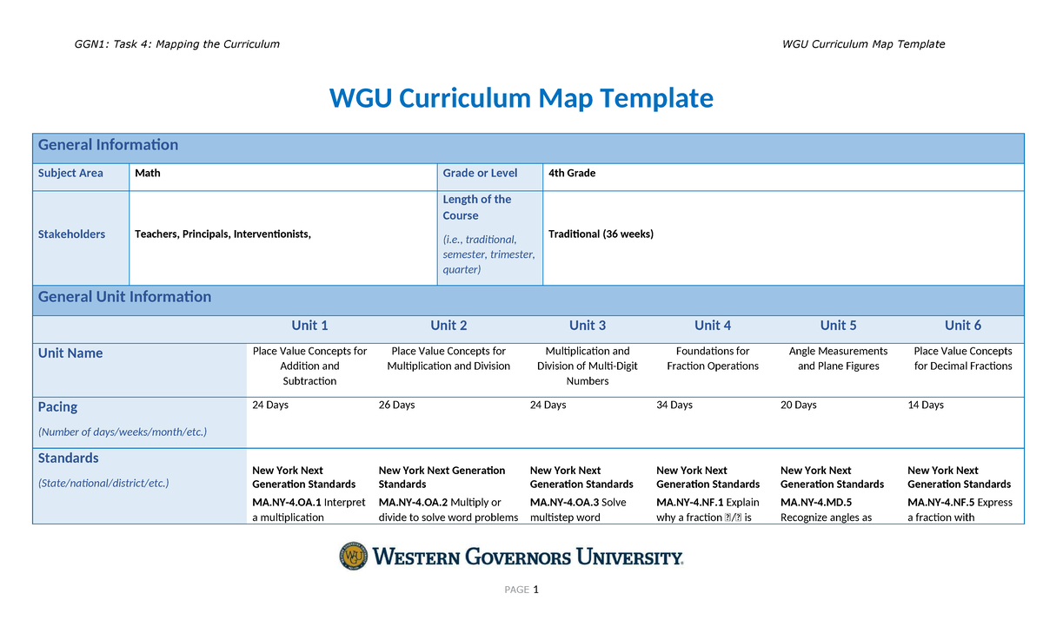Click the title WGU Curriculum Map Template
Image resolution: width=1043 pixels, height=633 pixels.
pyautogui.click(x=521, y=98)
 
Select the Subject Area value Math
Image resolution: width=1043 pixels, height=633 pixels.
pyautogui.click(x=148, y=174)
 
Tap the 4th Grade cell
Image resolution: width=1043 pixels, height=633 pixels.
pyautogui.click(x=572, y=174)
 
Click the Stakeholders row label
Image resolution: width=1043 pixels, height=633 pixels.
pyautogui.click(x=71, y=234)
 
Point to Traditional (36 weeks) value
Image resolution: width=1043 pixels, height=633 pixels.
pyautogui.click(x=601, y=234)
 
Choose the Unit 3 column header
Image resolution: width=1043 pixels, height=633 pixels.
pyautogui.click(x=588, y=326)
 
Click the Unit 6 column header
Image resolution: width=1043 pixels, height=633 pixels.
pyautogui.click(x=963, y=326)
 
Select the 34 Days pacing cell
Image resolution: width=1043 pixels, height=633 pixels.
pyautogui.click(x=674, y=406)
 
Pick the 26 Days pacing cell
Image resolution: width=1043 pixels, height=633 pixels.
pyautogui.click(x=397, y=406)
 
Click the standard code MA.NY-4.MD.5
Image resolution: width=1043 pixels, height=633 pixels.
pyautogui.click(x=816, y=503)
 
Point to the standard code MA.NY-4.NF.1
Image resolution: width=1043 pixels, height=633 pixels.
pyautogui.click(x=692, y=503)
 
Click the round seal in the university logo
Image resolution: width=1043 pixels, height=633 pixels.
pyautogui.click(x=353, y=557)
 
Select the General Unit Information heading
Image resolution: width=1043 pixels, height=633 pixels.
pyautogui.click(x=124, y=297)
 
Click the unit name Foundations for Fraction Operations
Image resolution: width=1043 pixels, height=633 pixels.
pyautogui.click(x=713, y=359)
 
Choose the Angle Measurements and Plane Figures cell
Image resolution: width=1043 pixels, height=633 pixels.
pyautogui.click(x=838, y=359)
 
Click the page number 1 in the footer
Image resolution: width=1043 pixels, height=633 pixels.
pyautogui.click(x=536, y=590)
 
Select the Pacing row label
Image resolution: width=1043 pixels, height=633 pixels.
pyautogui.click(x=57, y=407)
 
